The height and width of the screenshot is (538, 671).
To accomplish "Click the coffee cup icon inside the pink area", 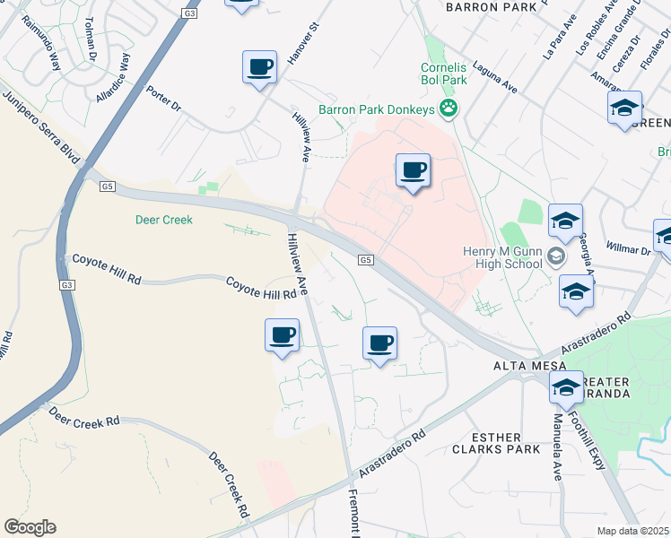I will (413, 170).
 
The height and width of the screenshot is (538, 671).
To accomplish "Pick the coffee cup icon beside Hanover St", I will (259, 67).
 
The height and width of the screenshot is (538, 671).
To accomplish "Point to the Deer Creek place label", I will (164, 219).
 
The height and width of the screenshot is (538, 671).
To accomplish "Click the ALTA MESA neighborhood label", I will (529, 366).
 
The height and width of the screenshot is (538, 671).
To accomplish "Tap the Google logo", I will (30, 526).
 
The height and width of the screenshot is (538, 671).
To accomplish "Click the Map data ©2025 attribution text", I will (633, 531).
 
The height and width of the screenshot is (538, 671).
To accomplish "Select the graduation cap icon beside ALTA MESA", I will (566, 388).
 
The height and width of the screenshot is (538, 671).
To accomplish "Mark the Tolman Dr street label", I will (91, 40).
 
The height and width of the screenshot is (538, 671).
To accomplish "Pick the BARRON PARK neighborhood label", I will (484, 6).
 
